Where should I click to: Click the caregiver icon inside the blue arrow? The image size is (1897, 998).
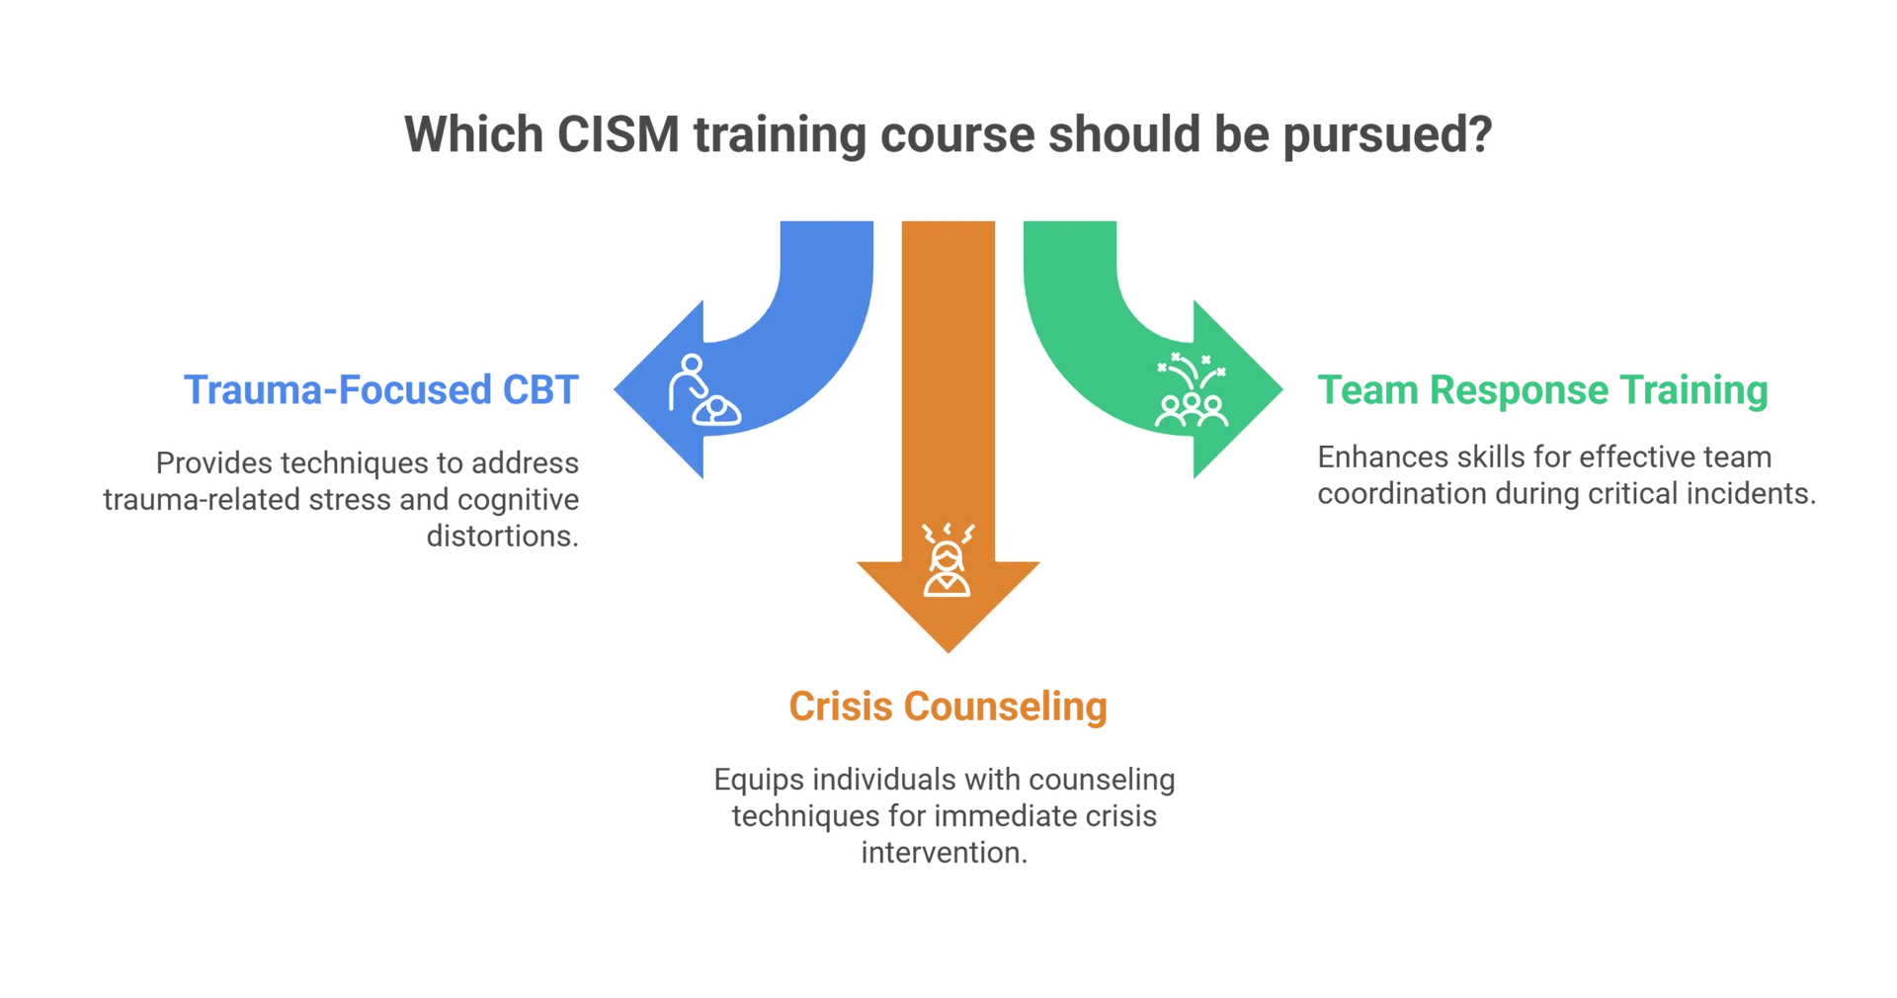(x=701, y=391)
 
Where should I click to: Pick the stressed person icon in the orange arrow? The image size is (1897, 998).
(x=948, y=563)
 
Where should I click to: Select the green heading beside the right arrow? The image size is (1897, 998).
(x=1541, y=392)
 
